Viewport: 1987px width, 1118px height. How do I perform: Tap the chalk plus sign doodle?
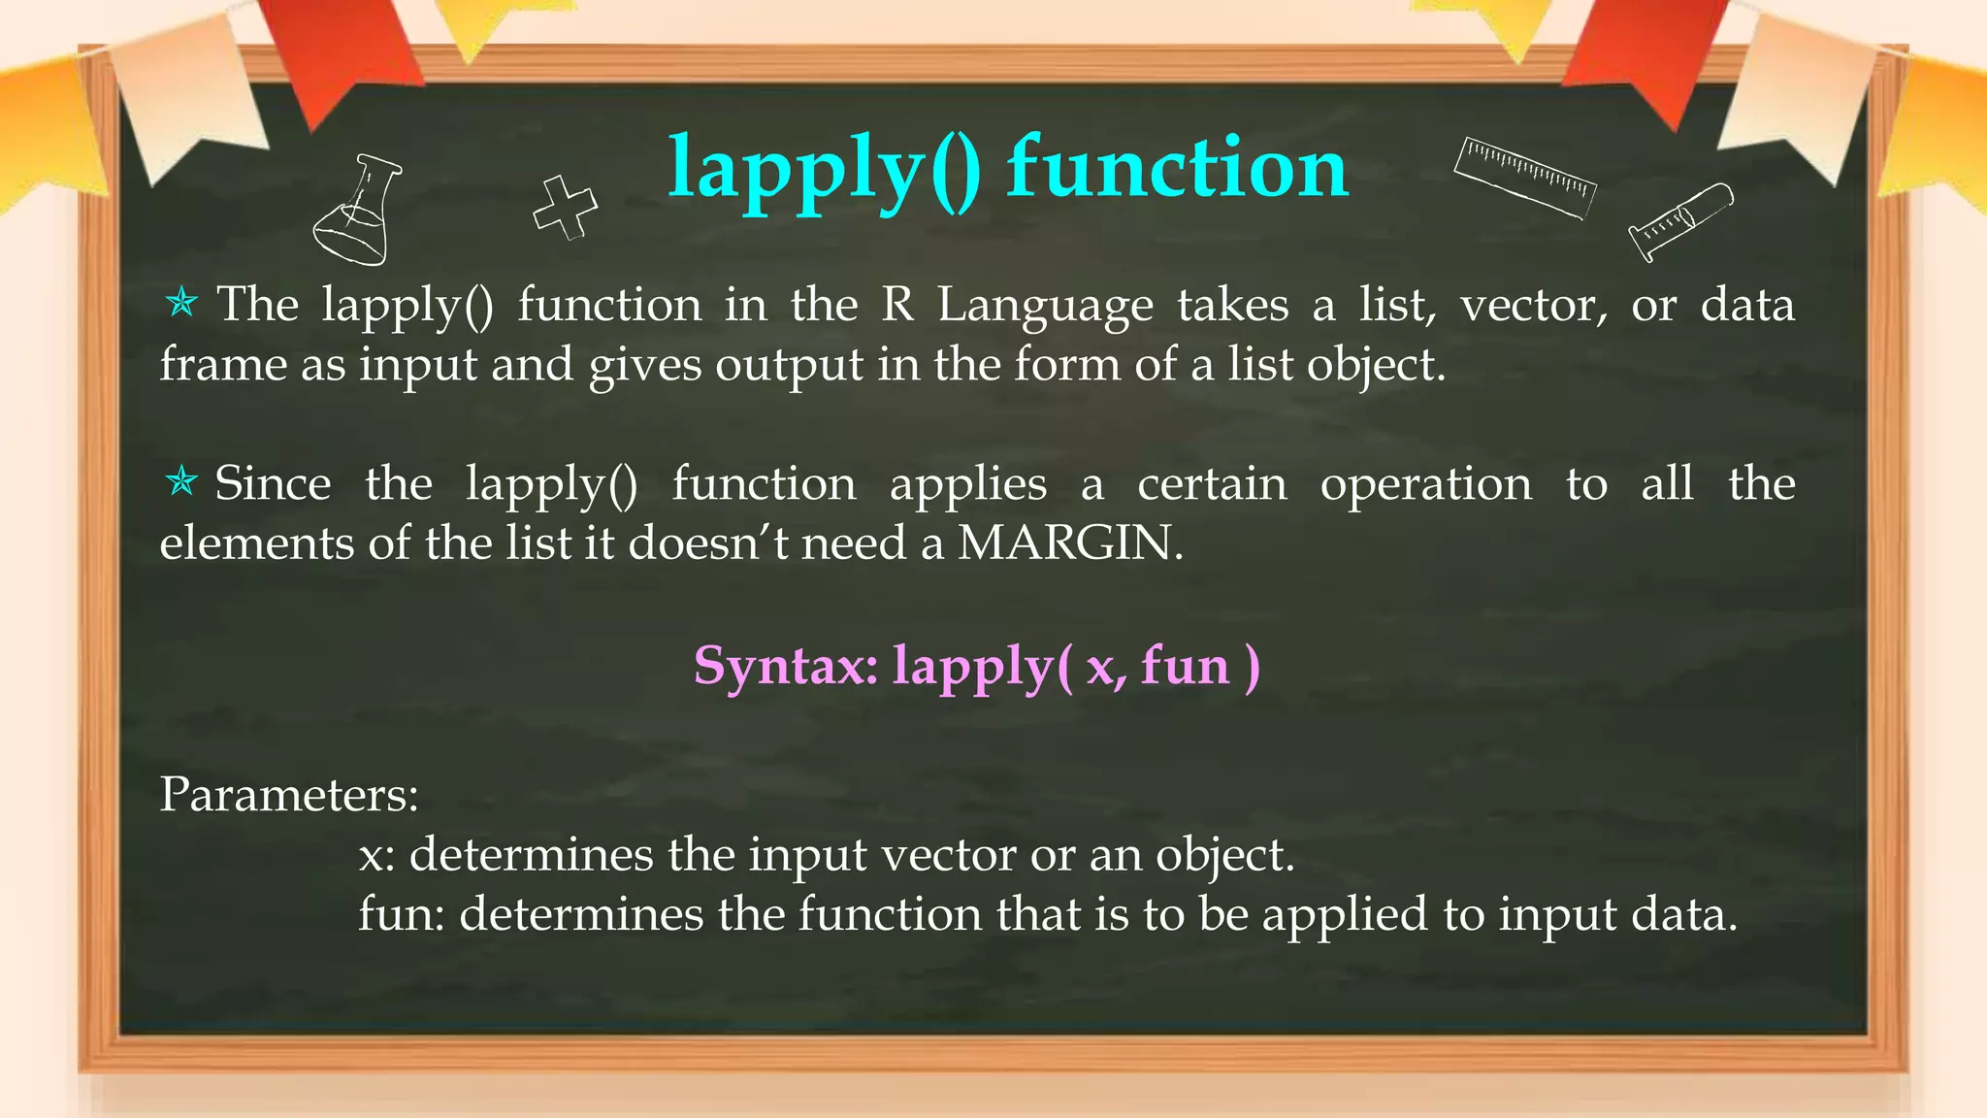coord(566,207)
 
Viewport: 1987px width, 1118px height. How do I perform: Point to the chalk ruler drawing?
coord(1525,177)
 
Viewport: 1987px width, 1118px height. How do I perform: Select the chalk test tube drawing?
coord(1680,221)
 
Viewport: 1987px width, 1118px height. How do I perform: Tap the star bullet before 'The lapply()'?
coord(181,304)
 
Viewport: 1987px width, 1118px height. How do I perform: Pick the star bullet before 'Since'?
coord(181,481)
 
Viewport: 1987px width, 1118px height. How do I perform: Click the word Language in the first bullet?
coord(1045,307)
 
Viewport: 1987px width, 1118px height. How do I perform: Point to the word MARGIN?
coord(1069,543)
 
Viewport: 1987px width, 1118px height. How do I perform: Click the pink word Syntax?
coord(786,667)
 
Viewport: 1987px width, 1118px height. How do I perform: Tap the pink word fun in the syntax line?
coord(1185,667)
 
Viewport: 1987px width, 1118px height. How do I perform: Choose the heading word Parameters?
coord(289,795)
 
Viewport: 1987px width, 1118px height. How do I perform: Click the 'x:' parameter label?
coord(376,856)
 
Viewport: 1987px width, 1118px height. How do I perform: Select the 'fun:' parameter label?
coord(401,914)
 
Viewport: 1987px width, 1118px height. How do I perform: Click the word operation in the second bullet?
coord(1425,484)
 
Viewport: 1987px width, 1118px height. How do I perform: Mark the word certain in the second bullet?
coord(1212,483)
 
